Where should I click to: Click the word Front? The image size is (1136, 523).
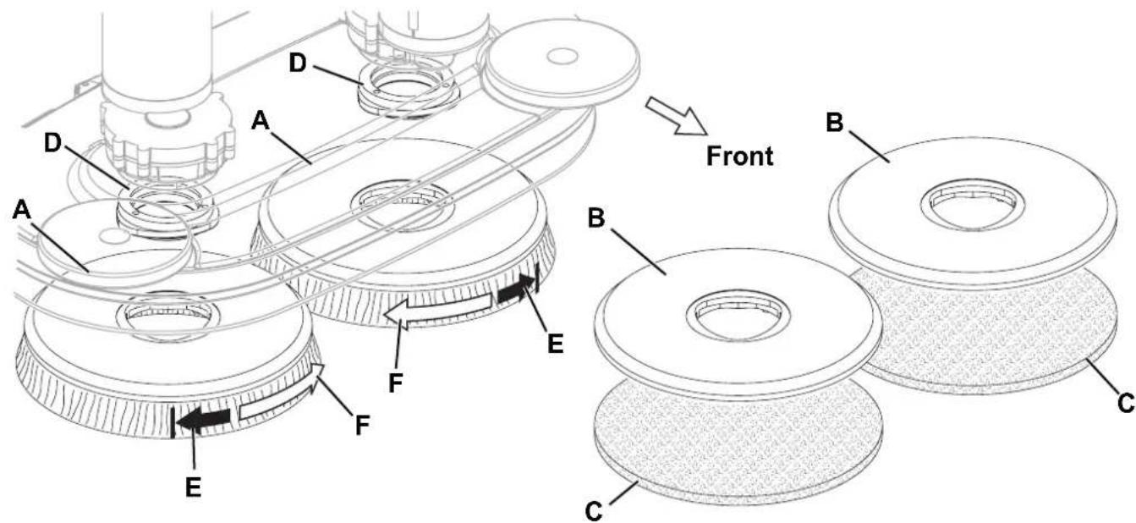point(740,156)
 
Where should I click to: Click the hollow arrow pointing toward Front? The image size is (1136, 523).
point(677,117)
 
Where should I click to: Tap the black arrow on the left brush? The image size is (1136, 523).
point(203,420)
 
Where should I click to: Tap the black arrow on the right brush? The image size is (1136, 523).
point(515,292)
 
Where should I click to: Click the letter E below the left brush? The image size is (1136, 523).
point(193,487)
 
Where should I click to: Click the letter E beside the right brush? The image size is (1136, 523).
point(556,344)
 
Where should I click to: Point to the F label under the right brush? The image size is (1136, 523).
point(396,383)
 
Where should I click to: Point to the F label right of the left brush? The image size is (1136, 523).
point(362,425)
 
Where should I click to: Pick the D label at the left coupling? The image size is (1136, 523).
point(52,143)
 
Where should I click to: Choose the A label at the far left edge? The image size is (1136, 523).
point(22,210)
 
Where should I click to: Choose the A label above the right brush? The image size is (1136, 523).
point(261,121)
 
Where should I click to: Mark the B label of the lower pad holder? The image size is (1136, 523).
point(596,217)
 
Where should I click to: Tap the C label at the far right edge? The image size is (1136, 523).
point(1126,404)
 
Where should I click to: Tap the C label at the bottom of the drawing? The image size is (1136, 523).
point(595,511)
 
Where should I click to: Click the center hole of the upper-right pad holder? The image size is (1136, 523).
point(972,208)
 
